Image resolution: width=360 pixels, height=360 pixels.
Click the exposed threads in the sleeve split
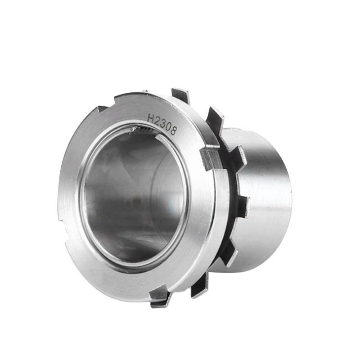(143, 130)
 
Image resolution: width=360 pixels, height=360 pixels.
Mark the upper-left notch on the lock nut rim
(102, 108)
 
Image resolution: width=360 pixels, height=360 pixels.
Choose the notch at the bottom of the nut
(157, 293)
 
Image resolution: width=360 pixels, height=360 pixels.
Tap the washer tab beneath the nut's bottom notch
(161, 301)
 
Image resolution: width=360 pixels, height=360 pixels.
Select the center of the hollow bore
(135, 198)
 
